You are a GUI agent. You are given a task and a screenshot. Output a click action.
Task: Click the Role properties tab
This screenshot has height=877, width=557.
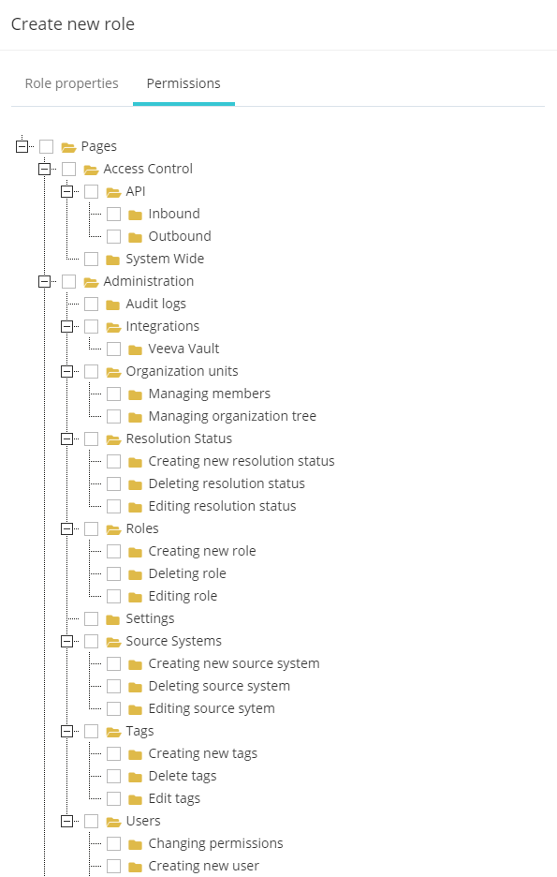tap(71, 83)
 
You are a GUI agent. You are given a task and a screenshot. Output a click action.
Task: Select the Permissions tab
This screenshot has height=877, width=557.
tap(183, 83)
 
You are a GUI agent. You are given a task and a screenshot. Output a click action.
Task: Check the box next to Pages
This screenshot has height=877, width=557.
tap(47, 146)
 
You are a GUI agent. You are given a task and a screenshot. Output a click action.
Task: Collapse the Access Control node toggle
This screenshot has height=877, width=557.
tap(44, 169)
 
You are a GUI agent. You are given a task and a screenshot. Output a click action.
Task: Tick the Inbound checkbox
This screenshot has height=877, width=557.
tap(113, 214)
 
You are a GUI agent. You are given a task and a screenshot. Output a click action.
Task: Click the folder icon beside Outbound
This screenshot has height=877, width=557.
tap(135, 237)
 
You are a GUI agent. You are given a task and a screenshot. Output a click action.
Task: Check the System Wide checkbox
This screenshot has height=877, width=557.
tap(91, 259)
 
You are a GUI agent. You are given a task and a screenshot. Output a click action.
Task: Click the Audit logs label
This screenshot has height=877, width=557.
tap(156, 304)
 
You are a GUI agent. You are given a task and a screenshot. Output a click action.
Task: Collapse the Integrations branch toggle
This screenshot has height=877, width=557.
tap(66, 326)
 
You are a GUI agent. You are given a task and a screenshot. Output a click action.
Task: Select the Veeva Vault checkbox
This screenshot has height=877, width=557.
tap(113, 349)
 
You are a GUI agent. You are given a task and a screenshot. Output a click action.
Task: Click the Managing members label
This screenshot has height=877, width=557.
tap(210, 394)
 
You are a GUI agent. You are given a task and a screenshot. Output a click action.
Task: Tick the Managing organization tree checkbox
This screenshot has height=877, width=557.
tap(113, 416)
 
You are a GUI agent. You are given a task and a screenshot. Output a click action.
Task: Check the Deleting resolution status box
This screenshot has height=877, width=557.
tap(113, 483)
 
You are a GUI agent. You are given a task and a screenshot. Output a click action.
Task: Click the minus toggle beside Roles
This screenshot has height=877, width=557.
tap(66, 528)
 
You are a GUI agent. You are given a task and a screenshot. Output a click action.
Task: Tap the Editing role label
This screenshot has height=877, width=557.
tap(183, 596)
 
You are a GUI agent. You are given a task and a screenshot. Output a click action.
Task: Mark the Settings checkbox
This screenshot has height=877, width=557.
tap(91, 618)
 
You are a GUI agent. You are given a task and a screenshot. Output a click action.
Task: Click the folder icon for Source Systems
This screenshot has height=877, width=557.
tap(113, 642)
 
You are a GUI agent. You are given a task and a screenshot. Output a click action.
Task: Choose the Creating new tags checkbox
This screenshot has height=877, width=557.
tap(113, 753)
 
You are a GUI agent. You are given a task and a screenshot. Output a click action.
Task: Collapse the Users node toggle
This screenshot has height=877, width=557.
tap(66, 821)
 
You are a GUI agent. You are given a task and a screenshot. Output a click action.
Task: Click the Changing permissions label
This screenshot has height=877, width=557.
tap(215, 843)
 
